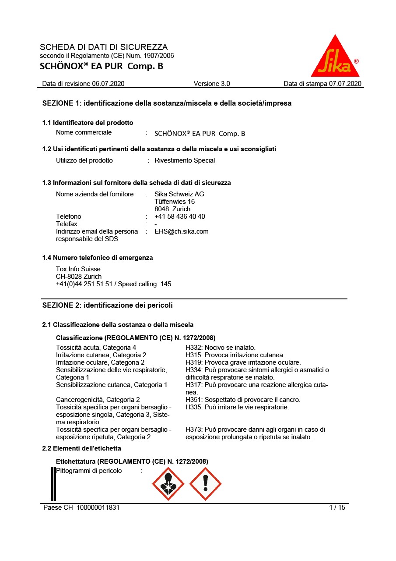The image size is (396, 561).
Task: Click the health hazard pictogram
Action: (x=168, y=483)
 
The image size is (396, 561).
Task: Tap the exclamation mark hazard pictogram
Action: (x=205, y=483)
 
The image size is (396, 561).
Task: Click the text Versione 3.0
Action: (x=212, y=84)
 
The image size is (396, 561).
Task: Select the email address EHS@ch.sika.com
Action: (x=182, y=231)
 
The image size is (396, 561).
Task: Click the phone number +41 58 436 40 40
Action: (x=180, y=217)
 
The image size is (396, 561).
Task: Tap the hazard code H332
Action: (x=194, y=348)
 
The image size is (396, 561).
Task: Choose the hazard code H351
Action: (x=194, y=400)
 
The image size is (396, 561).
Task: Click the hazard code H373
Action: (x=194, y=430)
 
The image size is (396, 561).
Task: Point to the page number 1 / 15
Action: (x=337, y=508)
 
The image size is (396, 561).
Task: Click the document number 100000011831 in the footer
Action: (x=98, y=508)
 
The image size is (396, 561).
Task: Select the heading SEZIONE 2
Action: (x=107, y=305)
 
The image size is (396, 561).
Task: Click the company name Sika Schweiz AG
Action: (x=179, y=194)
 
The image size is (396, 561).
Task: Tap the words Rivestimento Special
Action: (x=185, y=160)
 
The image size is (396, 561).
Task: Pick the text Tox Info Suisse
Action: (x=78, y=269)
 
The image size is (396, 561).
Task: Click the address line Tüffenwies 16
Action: (x=175, y=202)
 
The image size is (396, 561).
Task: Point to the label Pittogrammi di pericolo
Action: (x=89, y=471)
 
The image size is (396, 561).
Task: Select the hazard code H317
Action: (x=194, y=385)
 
